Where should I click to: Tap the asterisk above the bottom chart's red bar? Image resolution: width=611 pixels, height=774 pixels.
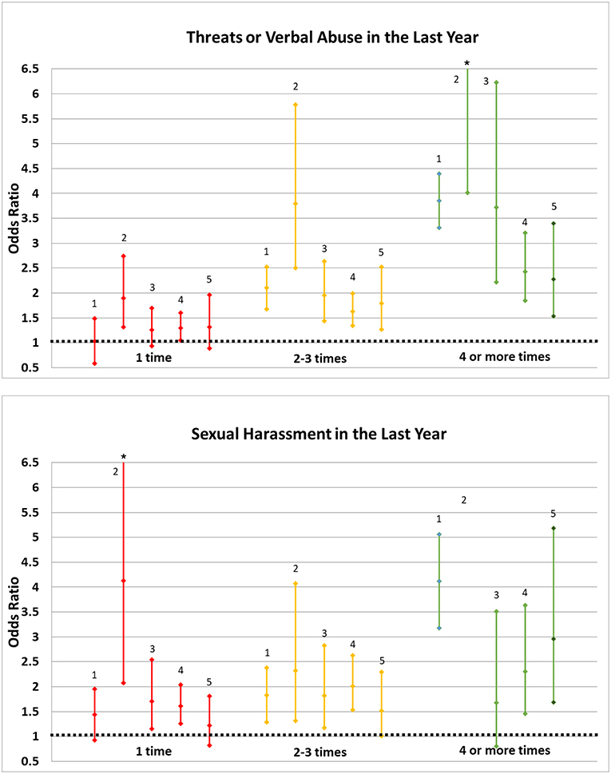pyautogui.click(x=124, y=457)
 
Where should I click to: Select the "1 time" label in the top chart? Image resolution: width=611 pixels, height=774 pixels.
pyautogui.click(x=154, y=358)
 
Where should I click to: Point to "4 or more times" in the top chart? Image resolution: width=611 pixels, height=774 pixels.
pyautogui.click(x=505, y=356)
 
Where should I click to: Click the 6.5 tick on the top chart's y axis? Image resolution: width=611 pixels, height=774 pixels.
pyautogui.click(x=29, y=69)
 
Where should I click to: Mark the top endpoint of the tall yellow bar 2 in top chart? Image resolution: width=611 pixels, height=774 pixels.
pyautogui.click(x=296, y=105)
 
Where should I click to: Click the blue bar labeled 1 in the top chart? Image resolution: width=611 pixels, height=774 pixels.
pyautogui.click(x=439, y=200)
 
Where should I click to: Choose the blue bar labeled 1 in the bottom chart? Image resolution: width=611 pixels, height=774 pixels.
pyautogui.click(x=439, y=581)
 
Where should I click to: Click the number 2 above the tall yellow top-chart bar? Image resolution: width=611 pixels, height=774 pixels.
pyautogui.click(x=296, y=86)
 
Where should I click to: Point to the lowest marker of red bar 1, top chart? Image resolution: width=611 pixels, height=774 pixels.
pyautogui.click(x=95, y=363)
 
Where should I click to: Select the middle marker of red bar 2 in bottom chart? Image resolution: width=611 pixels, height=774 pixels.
pyautogui.click(x=124, y=581)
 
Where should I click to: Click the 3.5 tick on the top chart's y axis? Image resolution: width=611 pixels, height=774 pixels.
pyautogui.click(x=29, y=218)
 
